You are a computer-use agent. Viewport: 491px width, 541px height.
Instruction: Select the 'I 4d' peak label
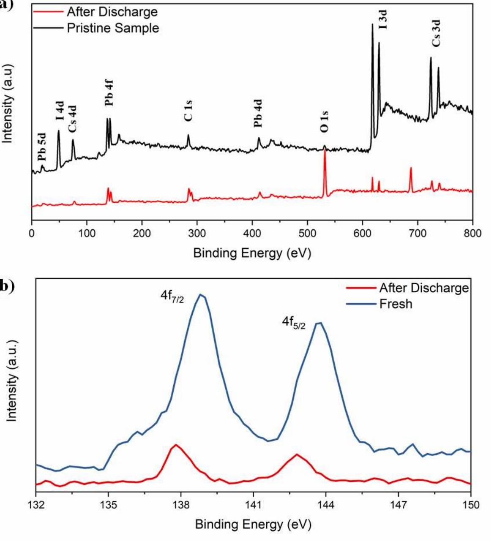pyautogui.click(x=60, y=111)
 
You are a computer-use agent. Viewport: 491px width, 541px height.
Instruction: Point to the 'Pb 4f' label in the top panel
pyautogui.click(x=109, y=94)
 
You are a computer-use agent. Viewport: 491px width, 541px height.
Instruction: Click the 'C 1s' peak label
pyautogui.click(x=188, y=111)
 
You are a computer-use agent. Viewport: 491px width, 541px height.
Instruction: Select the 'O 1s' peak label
pyautogui.click(x=324, y=121)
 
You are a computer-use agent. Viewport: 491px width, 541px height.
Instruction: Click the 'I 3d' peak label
pyautogui.click(x=382, y=20)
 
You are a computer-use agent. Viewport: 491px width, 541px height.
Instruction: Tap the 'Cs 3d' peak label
pyautogui.click(x=437, y=33)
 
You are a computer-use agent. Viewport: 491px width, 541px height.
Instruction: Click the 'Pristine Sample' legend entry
pyautogui.click(x=113, y=28)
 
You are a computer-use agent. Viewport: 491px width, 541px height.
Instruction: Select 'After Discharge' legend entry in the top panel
pyautogui.click(x=112, y=11)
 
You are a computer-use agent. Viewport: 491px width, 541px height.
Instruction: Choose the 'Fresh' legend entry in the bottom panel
pyautogui.click(x=396, y=304)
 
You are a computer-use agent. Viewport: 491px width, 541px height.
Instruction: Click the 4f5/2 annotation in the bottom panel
pyautogui.click(x=294, y=323)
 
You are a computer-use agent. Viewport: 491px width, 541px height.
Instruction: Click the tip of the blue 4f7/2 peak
pyautogui.click(x=201, y=295)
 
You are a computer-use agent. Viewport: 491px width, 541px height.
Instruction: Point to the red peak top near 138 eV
pyautogui.click(x=175, y=445)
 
